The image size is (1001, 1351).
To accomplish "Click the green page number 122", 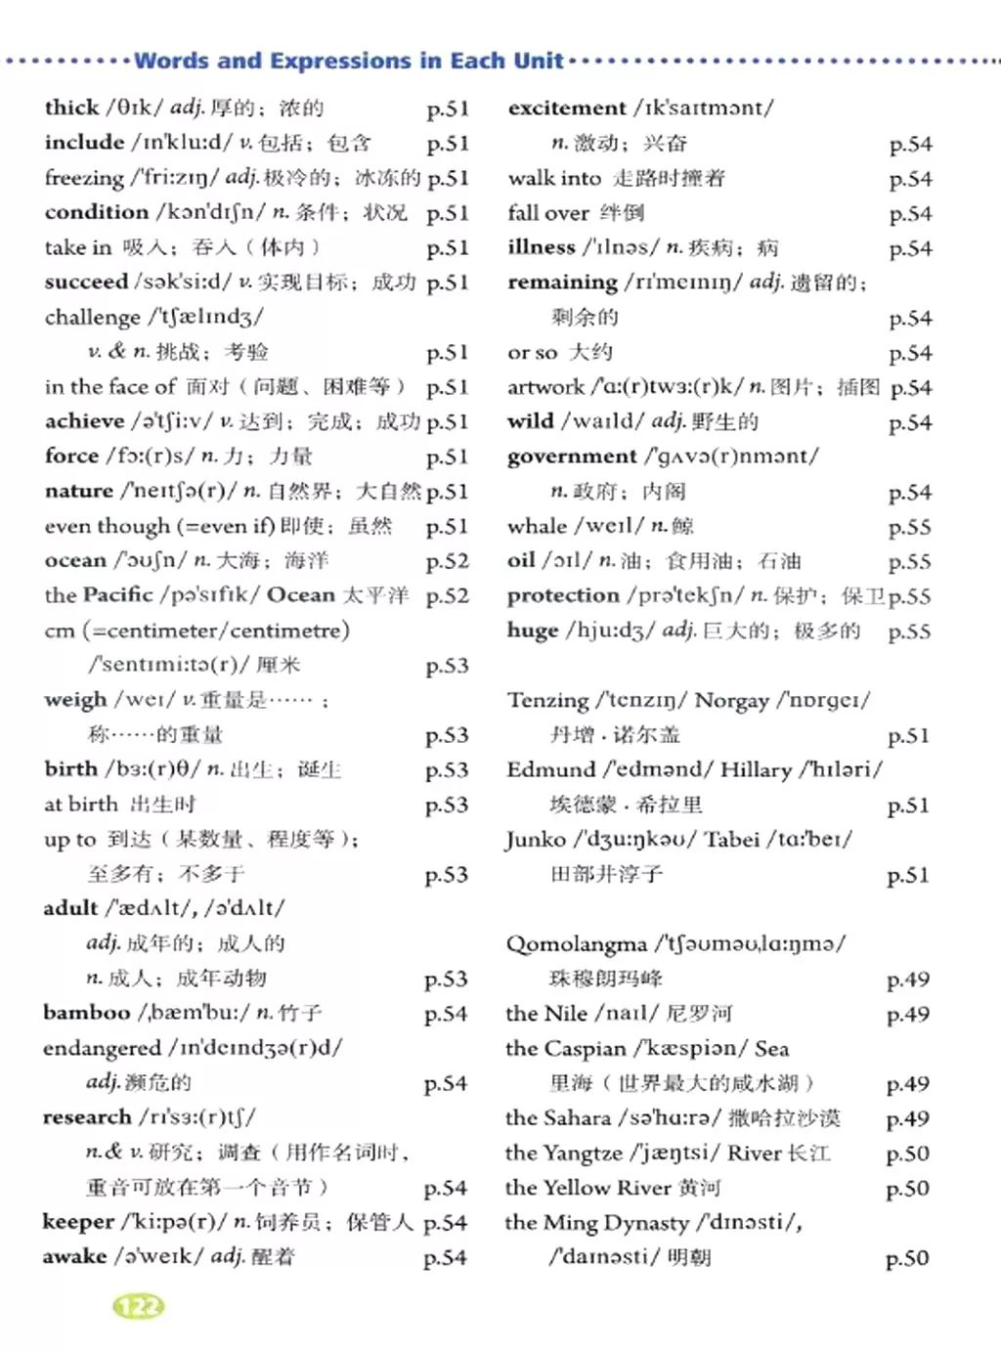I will [x=139, y=1306].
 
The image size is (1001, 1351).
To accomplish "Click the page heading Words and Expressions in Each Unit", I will [x=349, y=61].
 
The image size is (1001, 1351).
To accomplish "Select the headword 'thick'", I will [x=71, y=108].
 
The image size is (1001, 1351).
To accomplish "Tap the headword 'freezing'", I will [x=84, y=178].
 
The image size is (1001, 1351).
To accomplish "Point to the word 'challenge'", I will [x=93, y=317].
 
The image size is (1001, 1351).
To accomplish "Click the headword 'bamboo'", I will [x=86, y=1013].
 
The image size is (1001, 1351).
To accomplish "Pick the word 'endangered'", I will [x=102, y=1048].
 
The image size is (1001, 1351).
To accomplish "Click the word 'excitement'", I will [x=567, y=108].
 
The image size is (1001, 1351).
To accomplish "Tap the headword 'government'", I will [x=572, y=457].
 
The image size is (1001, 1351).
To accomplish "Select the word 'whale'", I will [x=537, y=526].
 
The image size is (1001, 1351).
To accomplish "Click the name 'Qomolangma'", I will [x=576, y=944].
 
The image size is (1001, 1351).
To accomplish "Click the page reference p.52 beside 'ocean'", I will [x=447, y=561].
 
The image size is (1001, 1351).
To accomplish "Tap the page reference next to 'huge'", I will [x=909, y=632].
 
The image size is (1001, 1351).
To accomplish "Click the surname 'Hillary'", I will [x=756, y=770].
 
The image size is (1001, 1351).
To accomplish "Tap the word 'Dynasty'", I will [x=645, y=1223].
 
